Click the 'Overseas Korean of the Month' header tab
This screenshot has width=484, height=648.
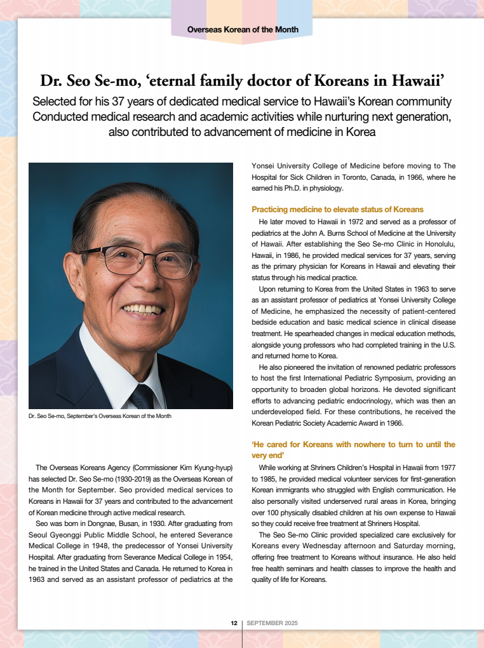click(243, 29)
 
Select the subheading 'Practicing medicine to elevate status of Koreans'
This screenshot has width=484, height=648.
click(337, 209)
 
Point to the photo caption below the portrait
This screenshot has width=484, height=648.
click(100, 416)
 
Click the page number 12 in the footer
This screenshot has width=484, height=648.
click(234, 623)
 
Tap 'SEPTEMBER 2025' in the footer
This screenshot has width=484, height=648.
click(272, 623)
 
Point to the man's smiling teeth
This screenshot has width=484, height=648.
click(142, 309)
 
